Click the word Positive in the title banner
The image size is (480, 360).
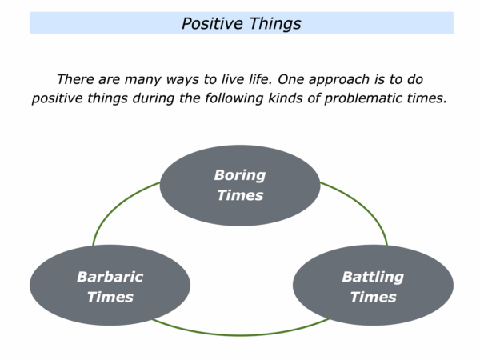tap(212, 24)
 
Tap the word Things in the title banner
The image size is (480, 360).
tap(275, 24)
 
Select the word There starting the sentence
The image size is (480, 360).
tap(76, 79)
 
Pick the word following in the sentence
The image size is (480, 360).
tap(234, 98)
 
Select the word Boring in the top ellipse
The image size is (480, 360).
tap(240, 176)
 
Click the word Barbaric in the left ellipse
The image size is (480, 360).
tap(110, 277)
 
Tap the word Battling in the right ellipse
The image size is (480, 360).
tap(373, 278)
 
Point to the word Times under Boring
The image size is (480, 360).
tap(240, 195)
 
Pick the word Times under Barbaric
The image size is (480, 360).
tap(110, 297)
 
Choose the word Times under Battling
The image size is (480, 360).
tap(373, 297)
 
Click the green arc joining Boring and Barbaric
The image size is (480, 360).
tap(114, 206)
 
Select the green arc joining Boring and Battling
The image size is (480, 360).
tap(365, 206)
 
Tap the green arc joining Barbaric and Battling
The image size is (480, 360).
tap(241, 335)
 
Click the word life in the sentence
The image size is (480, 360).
tap(259, 79)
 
